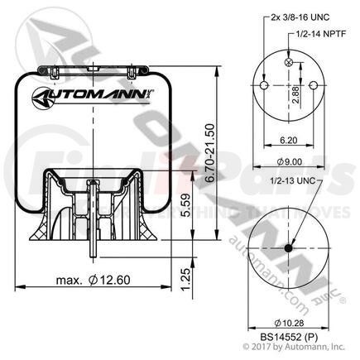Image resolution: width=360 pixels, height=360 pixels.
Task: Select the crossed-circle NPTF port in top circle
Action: [x=287, y=65]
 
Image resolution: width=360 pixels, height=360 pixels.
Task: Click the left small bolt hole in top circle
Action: [x=262, y=86]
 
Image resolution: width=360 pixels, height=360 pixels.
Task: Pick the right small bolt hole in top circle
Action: [x=312, y=86]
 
